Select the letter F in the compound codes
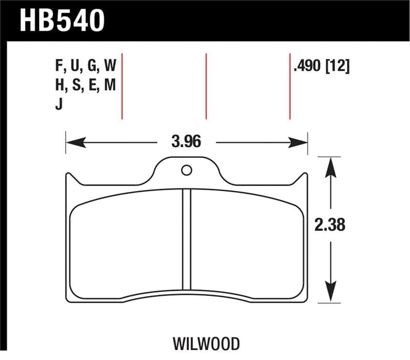pos(59,66)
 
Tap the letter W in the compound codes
pos(109,66)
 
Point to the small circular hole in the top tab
pos(187,170)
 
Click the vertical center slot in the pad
pos(187,238)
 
